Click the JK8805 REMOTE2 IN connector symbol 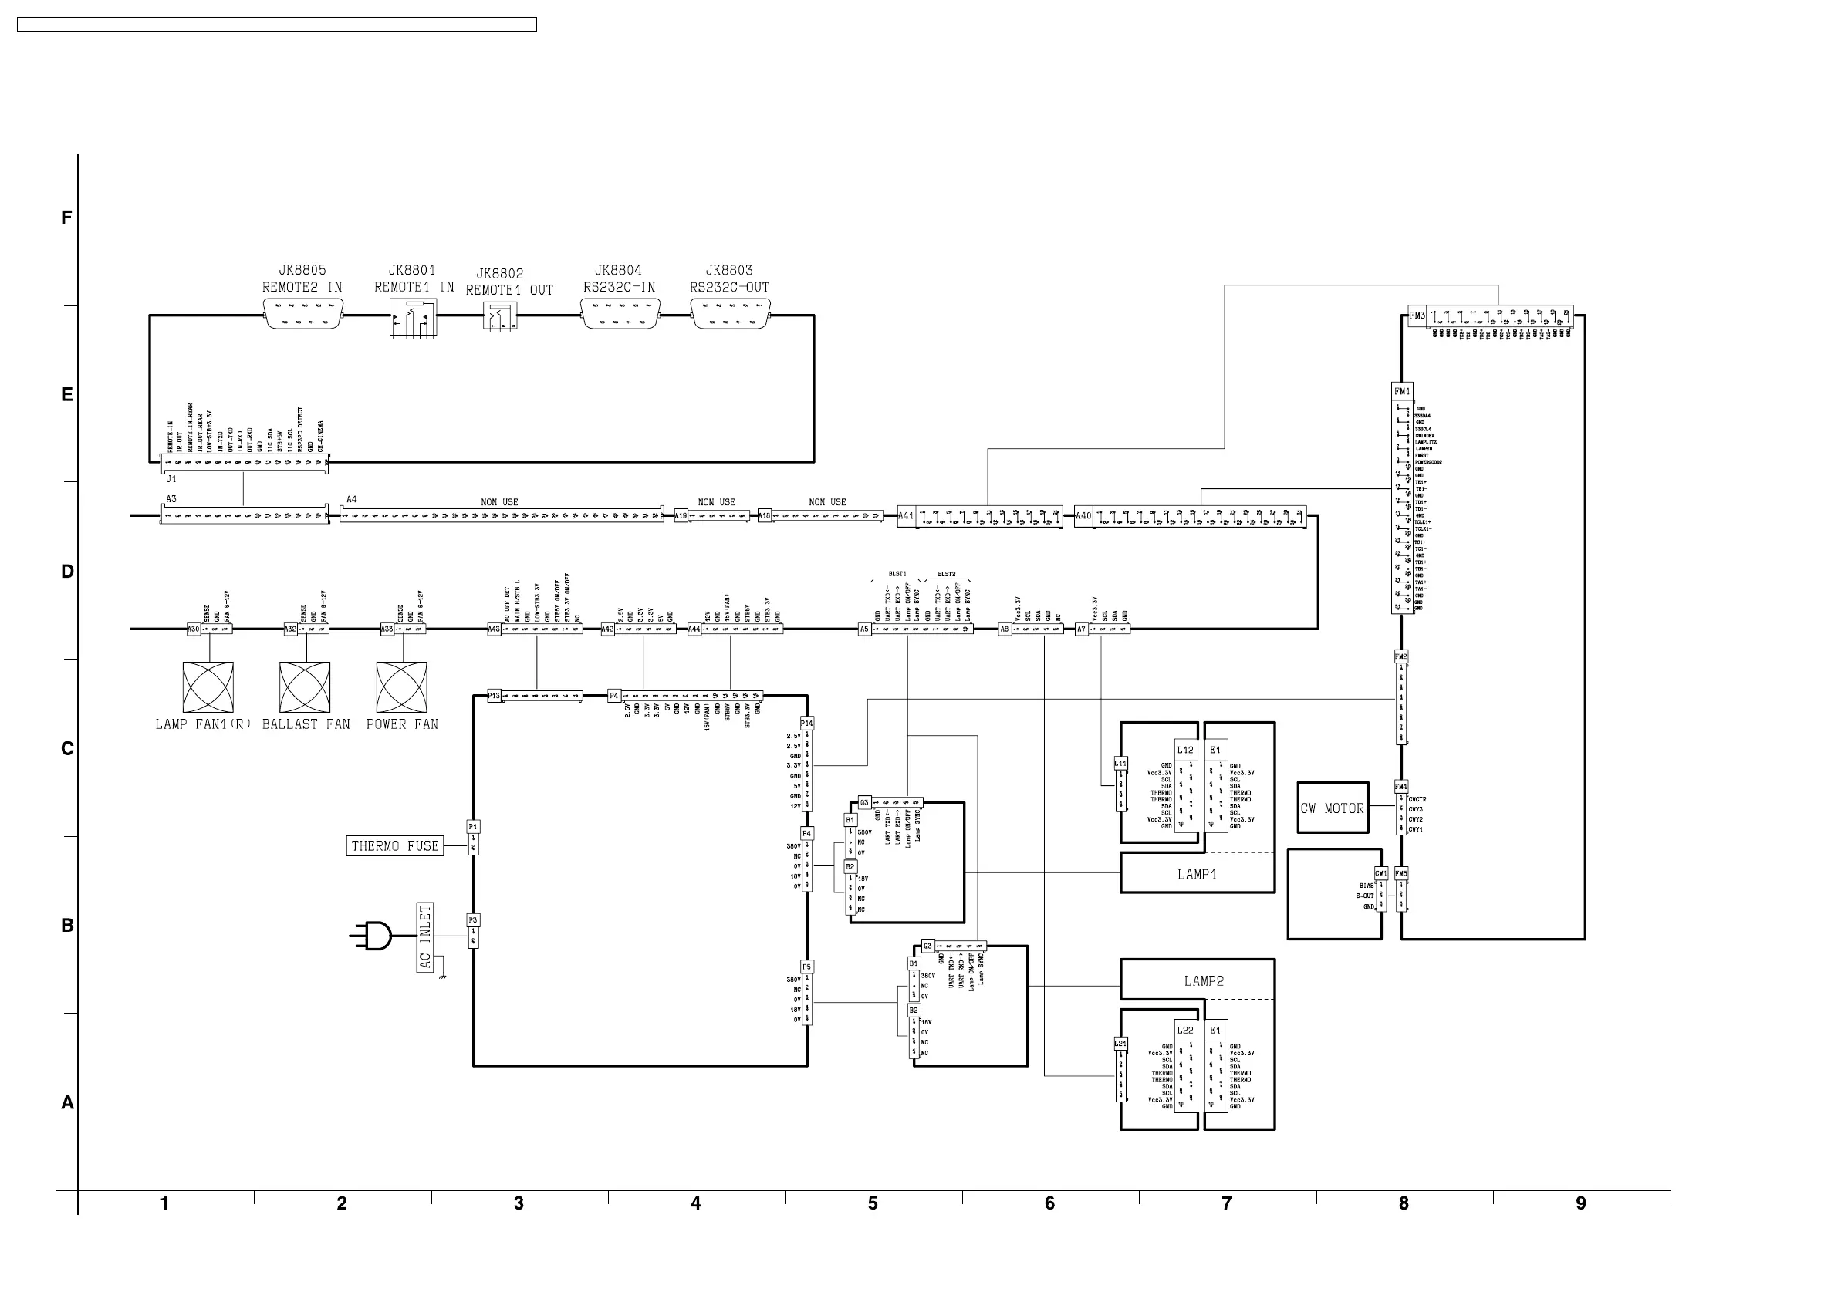click(302, 315)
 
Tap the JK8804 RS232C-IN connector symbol click(620, 315)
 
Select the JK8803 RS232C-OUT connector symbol click(730, 315)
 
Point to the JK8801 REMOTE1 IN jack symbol click(413, 317)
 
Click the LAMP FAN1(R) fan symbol click(208, 687)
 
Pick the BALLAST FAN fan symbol click(304, 687)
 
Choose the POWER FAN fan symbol click(402, 687)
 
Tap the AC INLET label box click(425, 937)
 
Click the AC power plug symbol click(372, 935)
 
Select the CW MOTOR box click(1333, 808)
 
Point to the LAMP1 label click(1197, 875)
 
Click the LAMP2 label click(1203, 981)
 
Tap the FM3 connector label click(1417, 316)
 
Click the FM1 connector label click(1402, 391)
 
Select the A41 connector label click(905, 516)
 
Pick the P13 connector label click(494, 696)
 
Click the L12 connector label click(1184, 750)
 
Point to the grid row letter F click(66, 218)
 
